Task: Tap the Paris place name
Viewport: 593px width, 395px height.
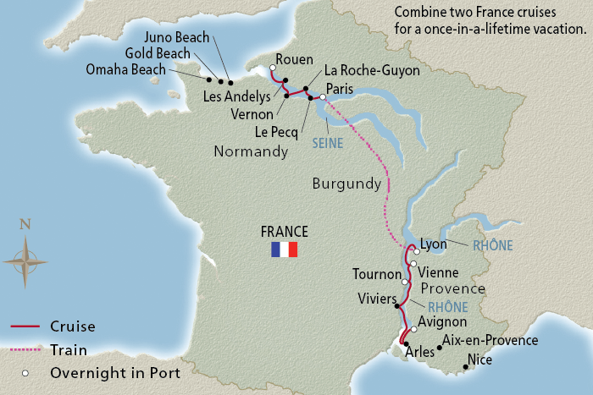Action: [341, 87]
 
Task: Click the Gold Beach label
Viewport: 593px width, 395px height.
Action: [157, 53]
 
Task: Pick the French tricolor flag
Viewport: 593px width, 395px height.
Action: [285, 250]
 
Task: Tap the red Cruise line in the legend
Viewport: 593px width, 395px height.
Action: [25, 326]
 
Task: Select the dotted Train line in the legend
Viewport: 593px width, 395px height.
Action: [25, 349]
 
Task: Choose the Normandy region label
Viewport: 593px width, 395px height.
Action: [252, 152]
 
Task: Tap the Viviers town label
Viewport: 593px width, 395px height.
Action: [377, 298]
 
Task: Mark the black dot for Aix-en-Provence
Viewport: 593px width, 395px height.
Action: [439, 347]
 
